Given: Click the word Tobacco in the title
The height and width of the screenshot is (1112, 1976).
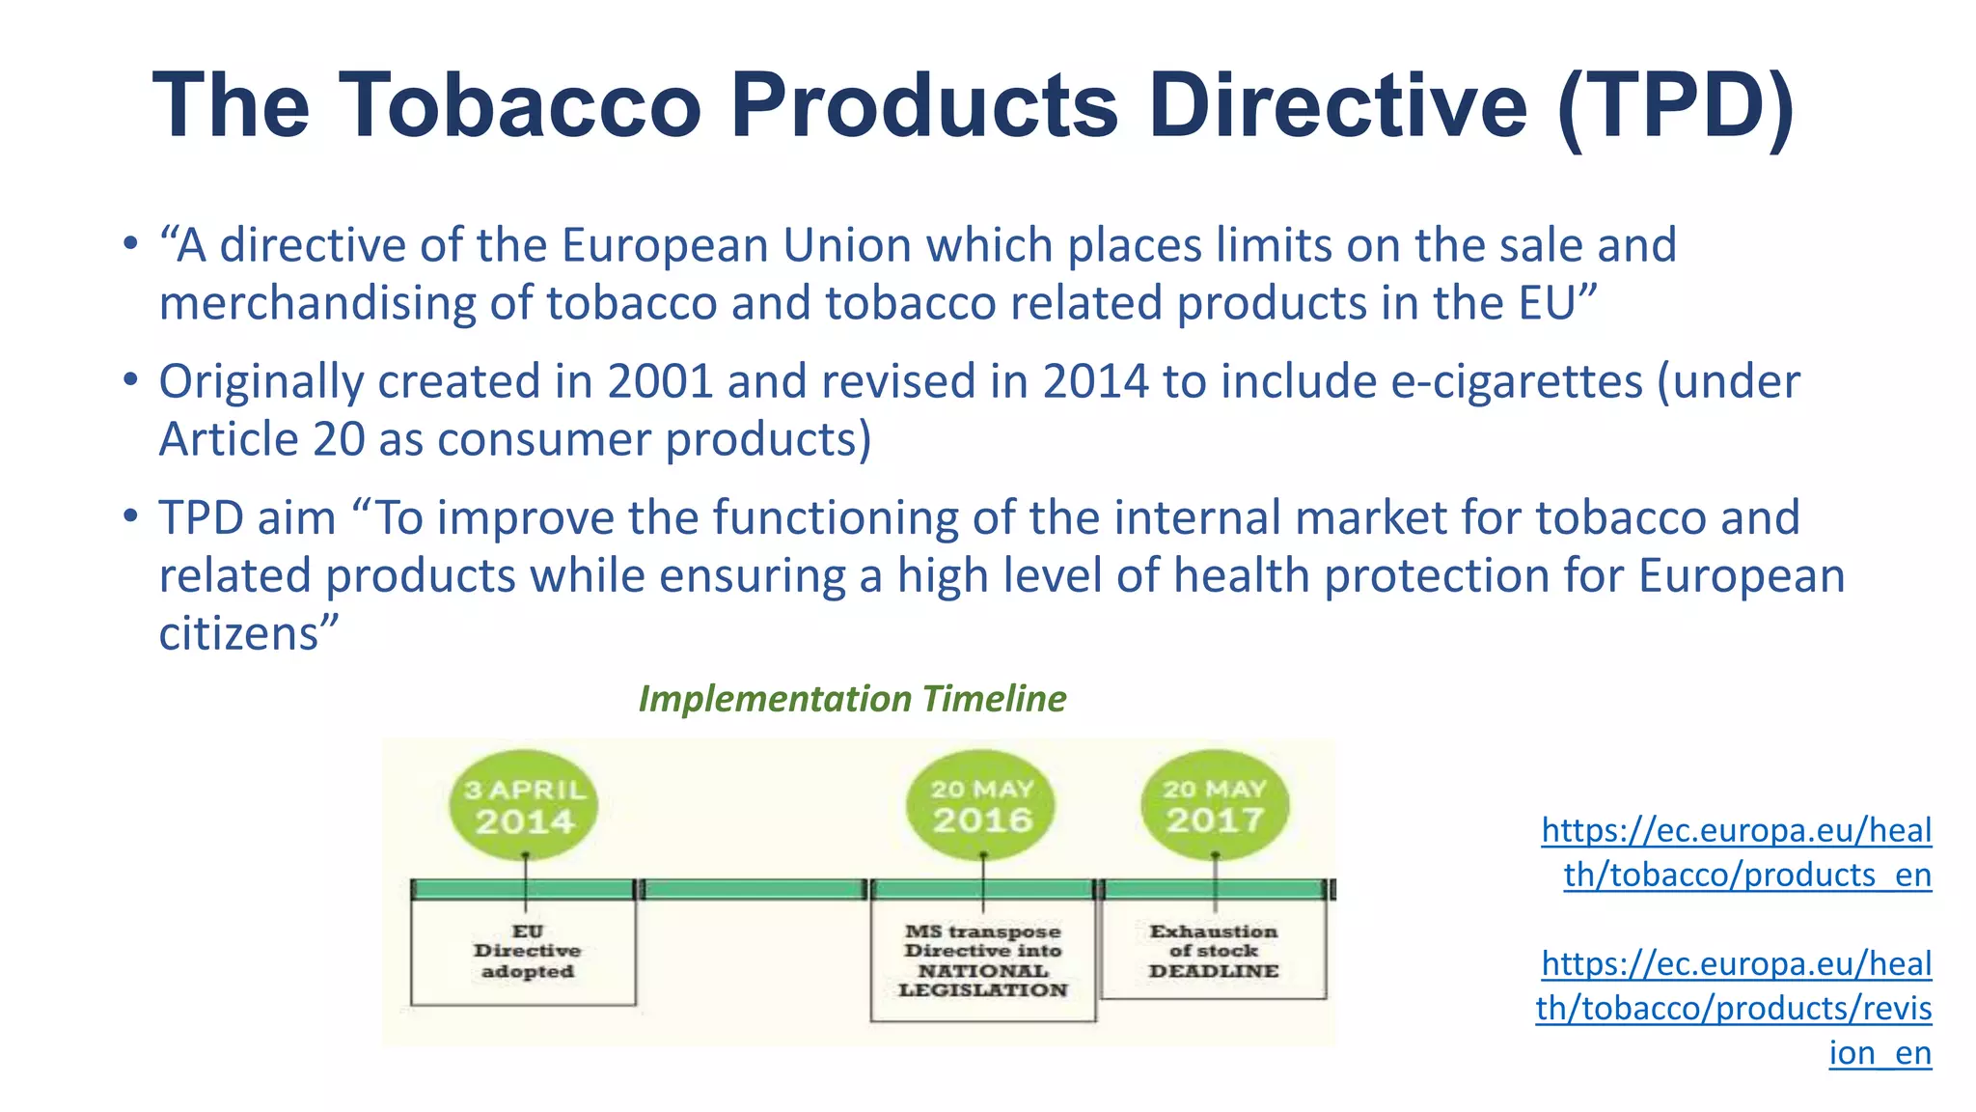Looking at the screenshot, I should click(519, 106).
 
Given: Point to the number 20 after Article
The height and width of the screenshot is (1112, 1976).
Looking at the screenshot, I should click(339, 440).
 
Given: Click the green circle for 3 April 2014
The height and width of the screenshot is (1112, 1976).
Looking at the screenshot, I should click(524, 806).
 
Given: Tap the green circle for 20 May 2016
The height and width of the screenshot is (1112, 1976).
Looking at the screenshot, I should click(981, 805).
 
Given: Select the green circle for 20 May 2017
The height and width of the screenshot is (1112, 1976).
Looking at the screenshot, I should click(1215, 805).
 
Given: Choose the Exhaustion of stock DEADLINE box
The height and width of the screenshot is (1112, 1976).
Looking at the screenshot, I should click(1213, 951).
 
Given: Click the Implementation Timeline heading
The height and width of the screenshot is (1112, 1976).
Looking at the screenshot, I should click(852, 699).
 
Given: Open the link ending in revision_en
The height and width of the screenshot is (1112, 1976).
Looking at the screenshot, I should click(1735, 1008).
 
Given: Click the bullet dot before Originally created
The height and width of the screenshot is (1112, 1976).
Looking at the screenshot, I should click(130, 380).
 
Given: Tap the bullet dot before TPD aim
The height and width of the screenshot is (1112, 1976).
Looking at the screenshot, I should click(130, 516).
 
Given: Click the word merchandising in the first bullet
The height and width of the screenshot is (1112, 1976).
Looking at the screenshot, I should click(316, 304).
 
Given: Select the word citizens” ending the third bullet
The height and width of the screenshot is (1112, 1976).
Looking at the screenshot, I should click(249, 634).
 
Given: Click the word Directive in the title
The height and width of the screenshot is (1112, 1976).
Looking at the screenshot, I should click(1338, 106).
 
